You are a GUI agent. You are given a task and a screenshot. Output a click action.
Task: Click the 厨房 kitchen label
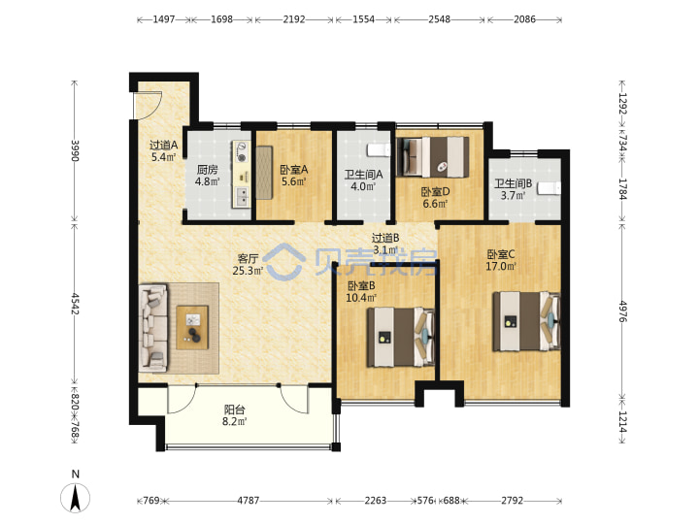click(208, 170)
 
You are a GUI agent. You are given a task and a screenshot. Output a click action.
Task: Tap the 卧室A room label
click(294, 170)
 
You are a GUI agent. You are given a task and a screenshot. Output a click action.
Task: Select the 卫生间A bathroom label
click(363, 175)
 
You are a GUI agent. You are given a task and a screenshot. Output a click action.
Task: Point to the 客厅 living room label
click(248, 258)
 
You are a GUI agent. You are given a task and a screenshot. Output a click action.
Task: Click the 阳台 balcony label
click(235, 409)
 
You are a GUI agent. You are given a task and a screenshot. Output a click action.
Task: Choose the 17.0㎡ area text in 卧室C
click(501, 267)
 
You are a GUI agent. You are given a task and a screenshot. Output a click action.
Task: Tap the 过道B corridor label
click(385, 239)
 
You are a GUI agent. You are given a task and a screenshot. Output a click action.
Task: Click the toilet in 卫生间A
click(379, 150)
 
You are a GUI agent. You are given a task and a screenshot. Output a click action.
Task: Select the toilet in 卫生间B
click(549, 188)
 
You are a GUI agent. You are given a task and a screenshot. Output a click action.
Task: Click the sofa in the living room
click(153, 328)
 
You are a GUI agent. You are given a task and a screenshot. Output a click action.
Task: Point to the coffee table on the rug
click(192, 328)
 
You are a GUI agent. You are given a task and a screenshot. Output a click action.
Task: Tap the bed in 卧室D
click(433, 157)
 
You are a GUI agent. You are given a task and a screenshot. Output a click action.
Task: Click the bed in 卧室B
click(400, 338)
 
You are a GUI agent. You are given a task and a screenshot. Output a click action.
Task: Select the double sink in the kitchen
click(241, 196)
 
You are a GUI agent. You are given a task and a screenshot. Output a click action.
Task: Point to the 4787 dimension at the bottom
click(248, 501)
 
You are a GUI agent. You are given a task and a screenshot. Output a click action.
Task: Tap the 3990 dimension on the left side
click(75, 150)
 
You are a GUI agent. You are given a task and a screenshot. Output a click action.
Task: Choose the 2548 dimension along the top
click(439, 19)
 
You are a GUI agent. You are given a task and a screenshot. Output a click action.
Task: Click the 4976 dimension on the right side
click(622, 311)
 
